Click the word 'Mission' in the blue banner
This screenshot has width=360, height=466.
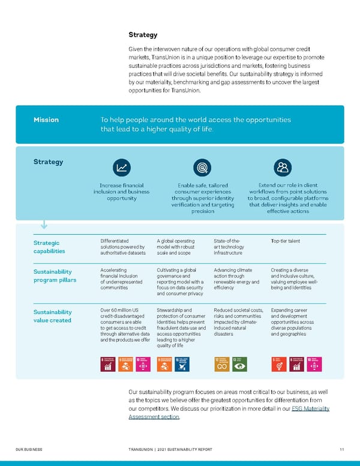point(46,120)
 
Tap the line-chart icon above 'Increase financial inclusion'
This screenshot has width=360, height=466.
point(122,168)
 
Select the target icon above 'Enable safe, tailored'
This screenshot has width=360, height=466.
point(202,168)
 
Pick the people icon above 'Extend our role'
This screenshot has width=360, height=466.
point(281,168)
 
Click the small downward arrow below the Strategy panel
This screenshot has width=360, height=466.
point(44,225)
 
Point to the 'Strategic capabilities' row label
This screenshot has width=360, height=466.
point(50,247)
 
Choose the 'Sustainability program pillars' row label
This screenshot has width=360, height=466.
point(54,276)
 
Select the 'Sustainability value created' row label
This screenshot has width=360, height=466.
point(53,316)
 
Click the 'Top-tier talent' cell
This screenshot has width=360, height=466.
point(285,241)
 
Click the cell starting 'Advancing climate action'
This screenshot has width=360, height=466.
point(236,279)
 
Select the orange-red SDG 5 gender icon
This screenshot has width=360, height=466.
point(278,364)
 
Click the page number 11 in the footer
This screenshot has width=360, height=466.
point(341,449)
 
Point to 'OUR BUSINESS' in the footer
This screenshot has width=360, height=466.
point(29,449)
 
